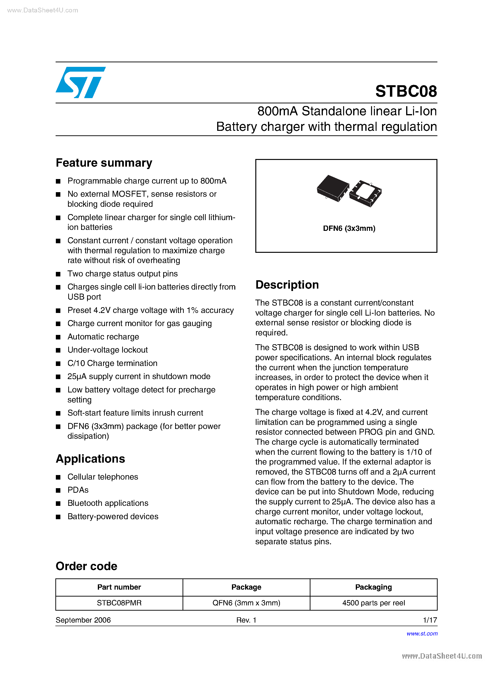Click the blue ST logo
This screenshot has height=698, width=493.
point(81,82)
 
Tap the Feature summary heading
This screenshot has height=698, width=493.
point(104,163)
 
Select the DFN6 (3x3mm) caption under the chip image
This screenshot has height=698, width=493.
point(349,228)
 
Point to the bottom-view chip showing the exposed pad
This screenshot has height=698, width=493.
point(366,193)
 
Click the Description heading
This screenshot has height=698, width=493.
point(287,285)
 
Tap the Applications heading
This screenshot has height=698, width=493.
point(90,459)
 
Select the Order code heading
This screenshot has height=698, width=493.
point(86,566)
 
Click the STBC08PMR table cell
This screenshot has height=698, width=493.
point(119,603)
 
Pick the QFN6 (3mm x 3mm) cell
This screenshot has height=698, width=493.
point(246,603)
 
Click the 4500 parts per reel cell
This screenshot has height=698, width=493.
point(373,603)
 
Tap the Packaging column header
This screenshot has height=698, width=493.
point(373,587)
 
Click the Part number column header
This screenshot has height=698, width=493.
point(119,587)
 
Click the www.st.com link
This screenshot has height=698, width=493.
point(422,634)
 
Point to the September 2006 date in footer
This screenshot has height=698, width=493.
point(83,620)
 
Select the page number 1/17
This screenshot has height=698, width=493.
point(430,620)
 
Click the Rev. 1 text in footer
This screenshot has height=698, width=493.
point(246,620)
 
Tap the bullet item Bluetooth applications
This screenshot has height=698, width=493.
point(108,503)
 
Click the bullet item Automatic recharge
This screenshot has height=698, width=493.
point(103,337)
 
